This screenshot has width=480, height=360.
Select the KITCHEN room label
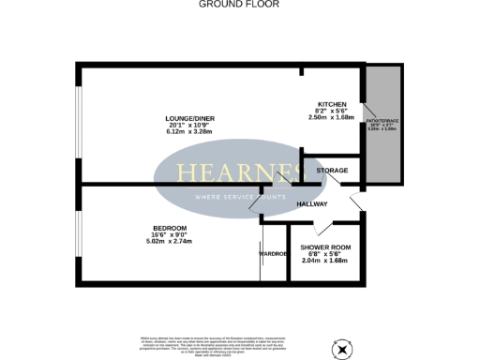(333, 103)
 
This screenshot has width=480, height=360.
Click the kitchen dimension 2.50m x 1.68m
(333, 118)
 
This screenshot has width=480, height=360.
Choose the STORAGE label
(332, 171)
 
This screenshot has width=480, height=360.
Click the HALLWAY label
(311, 203)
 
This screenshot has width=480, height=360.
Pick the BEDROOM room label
(170, 228)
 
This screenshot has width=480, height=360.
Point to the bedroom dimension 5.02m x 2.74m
(170, 242)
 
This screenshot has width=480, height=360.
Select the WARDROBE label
(274, 253)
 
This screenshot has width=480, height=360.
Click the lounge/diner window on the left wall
(78, 121)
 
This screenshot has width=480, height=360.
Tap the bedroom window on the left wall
(79, 240)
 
